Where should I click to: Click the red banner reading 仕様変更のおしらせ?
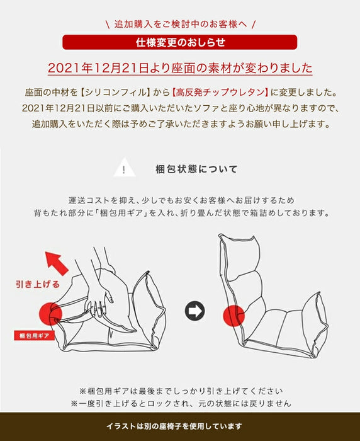click(180, 43)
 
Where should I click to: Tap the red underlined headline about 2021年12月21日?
click(180, 68)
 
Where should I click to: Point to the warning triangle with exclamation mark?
click(125, 169)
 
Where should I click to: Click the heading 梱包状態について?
click(196, 169)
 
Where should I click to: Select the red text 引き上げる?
click(37, 283)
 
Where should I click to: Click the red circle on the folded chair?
click(52, 312)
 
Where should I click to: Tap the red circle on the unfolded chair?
click(235, 312)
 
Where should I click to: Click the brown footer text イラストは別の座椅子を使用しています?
click(180, 427)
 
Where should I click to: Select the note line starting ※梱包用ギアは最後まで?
click(180, 390)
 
